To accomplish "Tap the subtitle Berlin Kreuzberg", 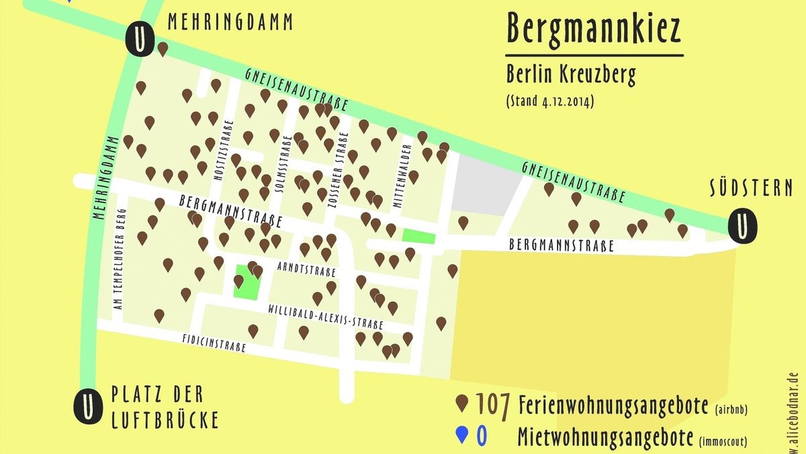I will (571, 75).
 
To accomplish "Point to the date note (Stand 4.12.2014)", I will (550, 103).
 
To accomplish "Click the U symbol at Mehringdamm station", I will (138, 40).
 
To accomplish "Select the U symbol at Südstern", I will (742, 225).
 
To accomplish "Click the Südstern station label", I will (751, 188).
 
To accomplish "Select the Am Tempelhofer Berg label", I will (121, 260).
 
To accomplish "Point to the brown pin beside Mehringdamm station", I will (163, 49).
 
